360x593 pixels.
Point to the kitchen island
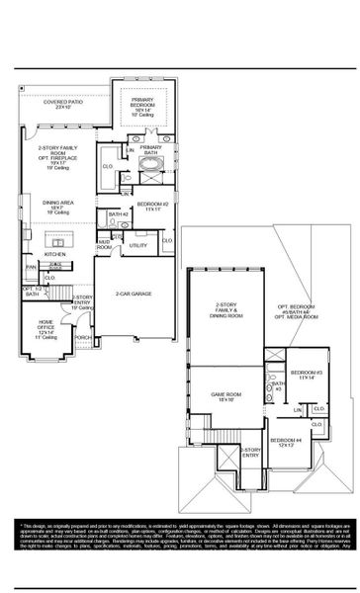[61, 241]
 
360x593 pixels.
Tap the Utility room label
[138, 245]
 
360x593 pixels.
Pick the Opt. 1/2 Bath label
[31, 292]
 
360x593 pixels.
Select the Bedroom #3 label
[305, 375]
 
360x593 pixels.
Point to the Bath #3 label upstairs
[278, 387]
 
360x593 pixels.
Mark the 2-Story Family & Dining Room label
[230, 311]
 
